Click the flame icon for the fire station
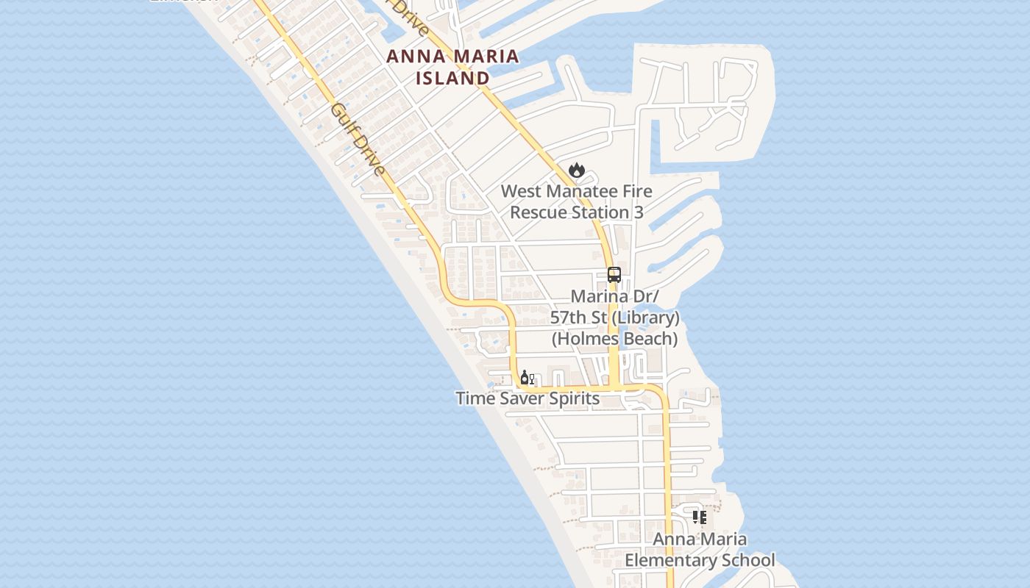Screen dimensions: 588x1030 (x=577, y=170)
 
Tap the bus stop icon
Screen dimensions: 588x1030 (x=614, y=275)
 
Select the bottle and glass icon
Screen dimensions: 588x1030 (x=527, y=378)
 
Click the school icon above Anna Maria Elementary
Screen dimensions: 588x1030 (x=700, y=517)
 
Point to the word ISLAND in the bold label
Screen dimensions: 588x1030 (x=453, y=78)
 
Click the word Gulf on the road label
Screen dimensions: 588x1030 (x=343, y=121)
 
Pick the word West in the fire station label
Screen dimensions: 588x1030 (x=520, y=192)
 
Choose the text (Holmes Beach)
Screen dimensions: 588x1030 (x=615, y=339)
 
